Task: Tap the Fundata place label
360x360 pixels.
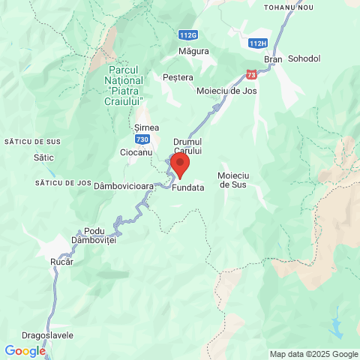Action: point(187,188)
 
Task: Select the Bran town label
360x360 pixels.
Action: point(272,58)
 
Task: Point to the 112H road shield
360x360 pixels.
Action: point(257,43)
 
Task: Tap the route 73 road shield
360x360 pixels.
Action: point(250,74)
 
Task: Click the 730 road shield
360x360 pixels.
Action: point(142,139)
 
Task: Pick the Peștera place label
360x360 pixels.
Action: point(178,77)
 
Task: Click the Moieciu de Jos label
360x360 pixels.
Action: point(226,91)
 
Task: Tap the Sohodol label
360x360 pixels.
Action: point(304,58)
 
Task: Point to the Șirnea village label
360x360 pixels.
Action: point(146,127)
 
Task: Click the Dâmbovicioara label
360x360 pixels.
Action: point(124,185)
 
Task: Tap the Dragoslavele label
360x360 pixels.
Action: point(47,335)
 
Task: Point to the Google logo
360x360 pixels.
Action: point(25,351)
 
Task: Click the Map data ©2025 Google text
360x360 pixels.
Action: point(314,354)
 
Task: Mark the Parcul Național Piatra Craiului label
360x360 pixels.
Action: point(126,85)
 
